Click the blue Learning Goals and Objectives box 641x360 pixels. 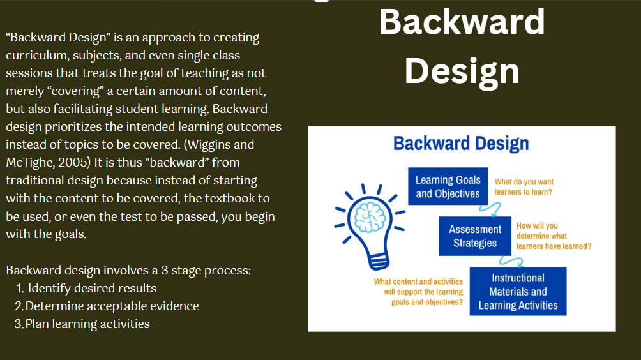click(x=448, y=186)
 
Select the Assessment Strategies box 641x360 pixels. click(x=475, y=236)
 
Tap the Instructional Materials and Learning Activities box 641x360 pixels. click(x=518, y=291)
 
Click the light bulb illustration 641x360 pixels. click(x=370, y=227)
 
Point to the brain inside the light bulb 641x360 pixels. click(x=370, y=218)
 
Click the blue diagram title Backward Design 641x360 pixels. click(x=461, y=144)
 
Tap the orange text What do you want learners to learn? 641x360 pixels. click(x=524, y=187)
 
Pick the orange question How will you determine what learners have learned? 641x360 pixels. click(x=554, y=236)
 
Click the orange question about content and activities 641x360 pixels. click(x=419, y=292)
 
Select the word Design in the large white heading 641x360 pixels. click(x=462, y=71)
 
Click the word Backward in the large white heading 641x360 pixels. click(x=462, y=22)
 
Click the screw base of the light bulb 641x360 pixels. click(x=378, y=261)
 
